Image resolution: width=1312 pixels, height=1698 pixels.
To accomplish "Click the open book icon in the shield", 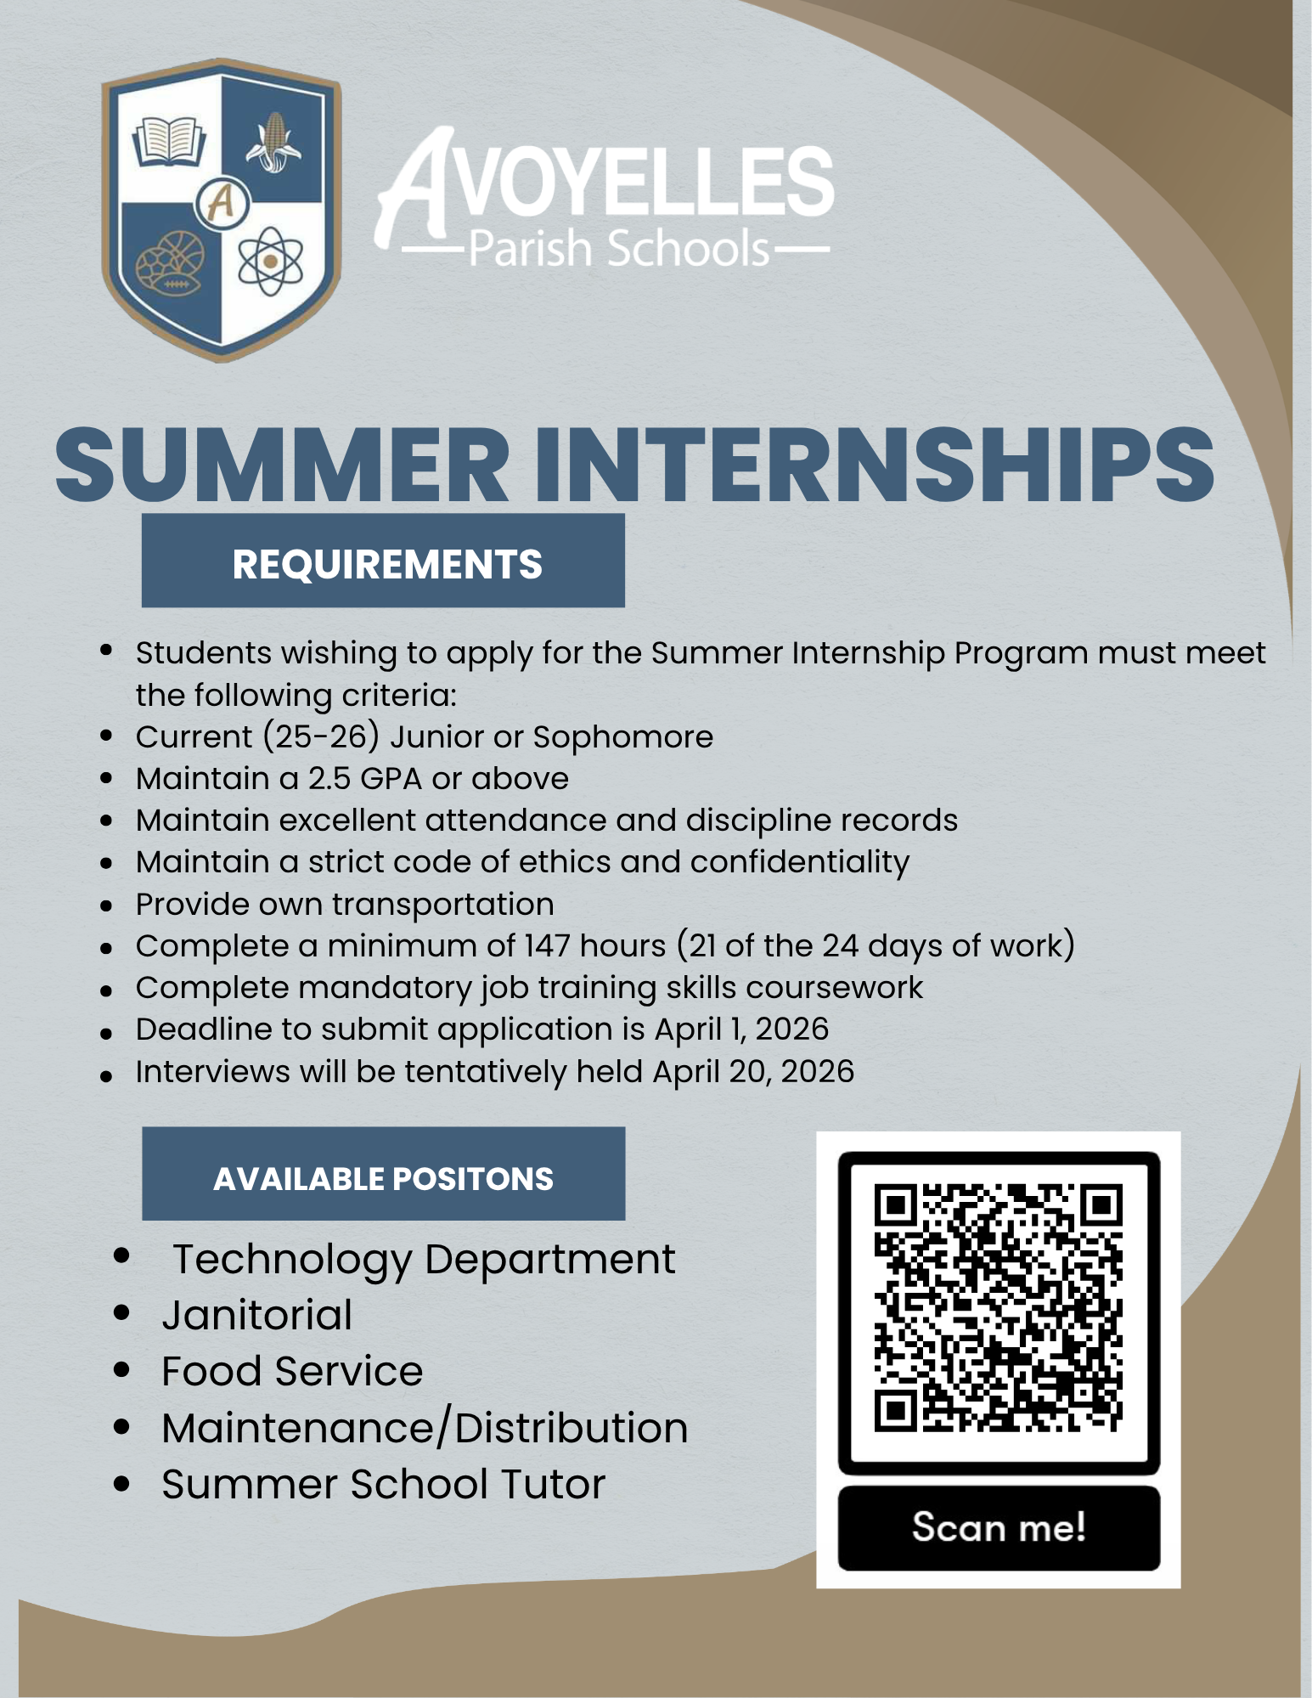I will pos(170,140).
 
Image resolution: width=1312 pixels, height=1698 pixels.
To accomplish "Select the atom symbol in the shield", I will pos(270,261).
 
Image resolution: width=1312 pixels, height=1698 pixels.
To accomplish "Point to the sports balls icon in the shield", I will pos(172,263).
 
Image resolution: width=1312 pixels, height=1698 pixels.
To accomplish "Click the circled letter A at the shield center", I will pos(221,202).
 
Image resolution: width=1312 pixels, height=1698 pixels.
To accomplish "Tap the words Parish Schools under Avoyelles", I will pos(617,249).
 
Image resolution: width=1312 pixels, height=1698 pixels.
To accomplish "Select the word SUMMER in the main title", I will pos(283,465).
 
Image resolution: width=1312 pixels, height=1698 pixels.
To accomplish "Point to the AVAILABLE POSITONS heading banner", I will pos(384,1177).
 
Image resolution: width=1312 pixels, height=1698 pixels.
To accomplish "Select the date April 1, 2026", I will pos(741,1029).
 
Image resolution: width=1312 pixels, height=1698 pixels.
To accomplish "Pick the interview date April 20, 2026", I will pos(753,1071).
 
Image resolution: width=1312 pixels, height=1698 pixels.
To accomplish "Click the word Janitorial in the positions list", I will pos(257,1315).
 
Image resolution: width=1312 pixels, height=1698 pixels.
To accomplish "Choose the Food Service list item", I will pos(292,1371).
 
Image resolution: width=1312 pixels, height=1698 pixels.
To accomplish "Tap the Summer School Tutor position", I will pos(383,1484).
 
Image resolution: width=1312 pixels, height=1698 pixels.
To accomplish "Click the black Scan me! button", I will pos(999,1527).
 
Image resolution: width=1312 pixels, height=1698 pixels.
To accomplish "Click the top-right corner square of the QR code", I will pos(1101,1205).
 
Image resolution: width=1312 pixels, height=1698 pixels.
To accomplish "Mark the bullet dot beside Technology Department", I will pos(121,1255).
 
